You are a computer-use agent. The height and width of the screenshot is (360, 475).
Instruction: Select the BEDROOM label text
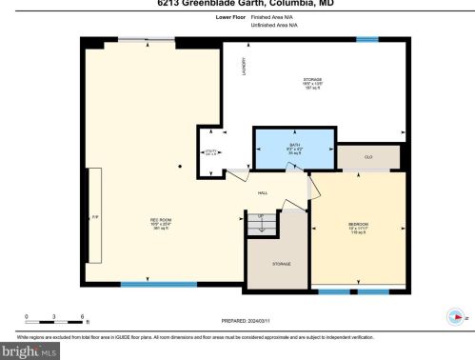[358, 225]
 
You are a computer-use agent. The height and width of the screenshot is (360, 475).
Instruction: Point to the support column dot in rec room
[179, 165]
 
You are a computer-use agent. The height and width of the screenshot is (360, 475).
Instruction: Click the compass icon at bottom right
[454, 319]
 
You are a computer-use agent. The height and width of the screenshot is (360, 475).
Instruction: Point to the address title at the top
[237, 3]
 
